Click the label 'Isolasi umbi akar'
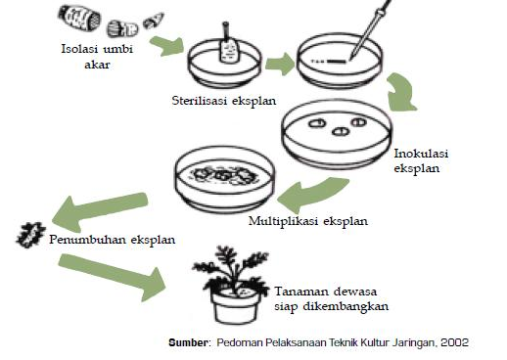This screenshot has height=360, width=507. tap(95, 55)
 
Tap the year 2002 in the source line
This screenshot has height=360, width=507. tap(454, 342)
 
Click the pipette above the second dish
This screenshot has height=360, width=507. tap(362, 35)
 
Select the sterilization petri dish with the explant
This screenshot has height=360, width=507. tap(225, 62)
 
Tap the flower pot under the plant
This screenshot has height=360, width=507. tap(235, 307)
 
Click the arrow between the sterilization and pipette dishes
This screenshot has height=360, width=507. tap(280, 67)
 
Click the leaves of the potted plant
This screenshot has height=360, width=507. tap(237, 267)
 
